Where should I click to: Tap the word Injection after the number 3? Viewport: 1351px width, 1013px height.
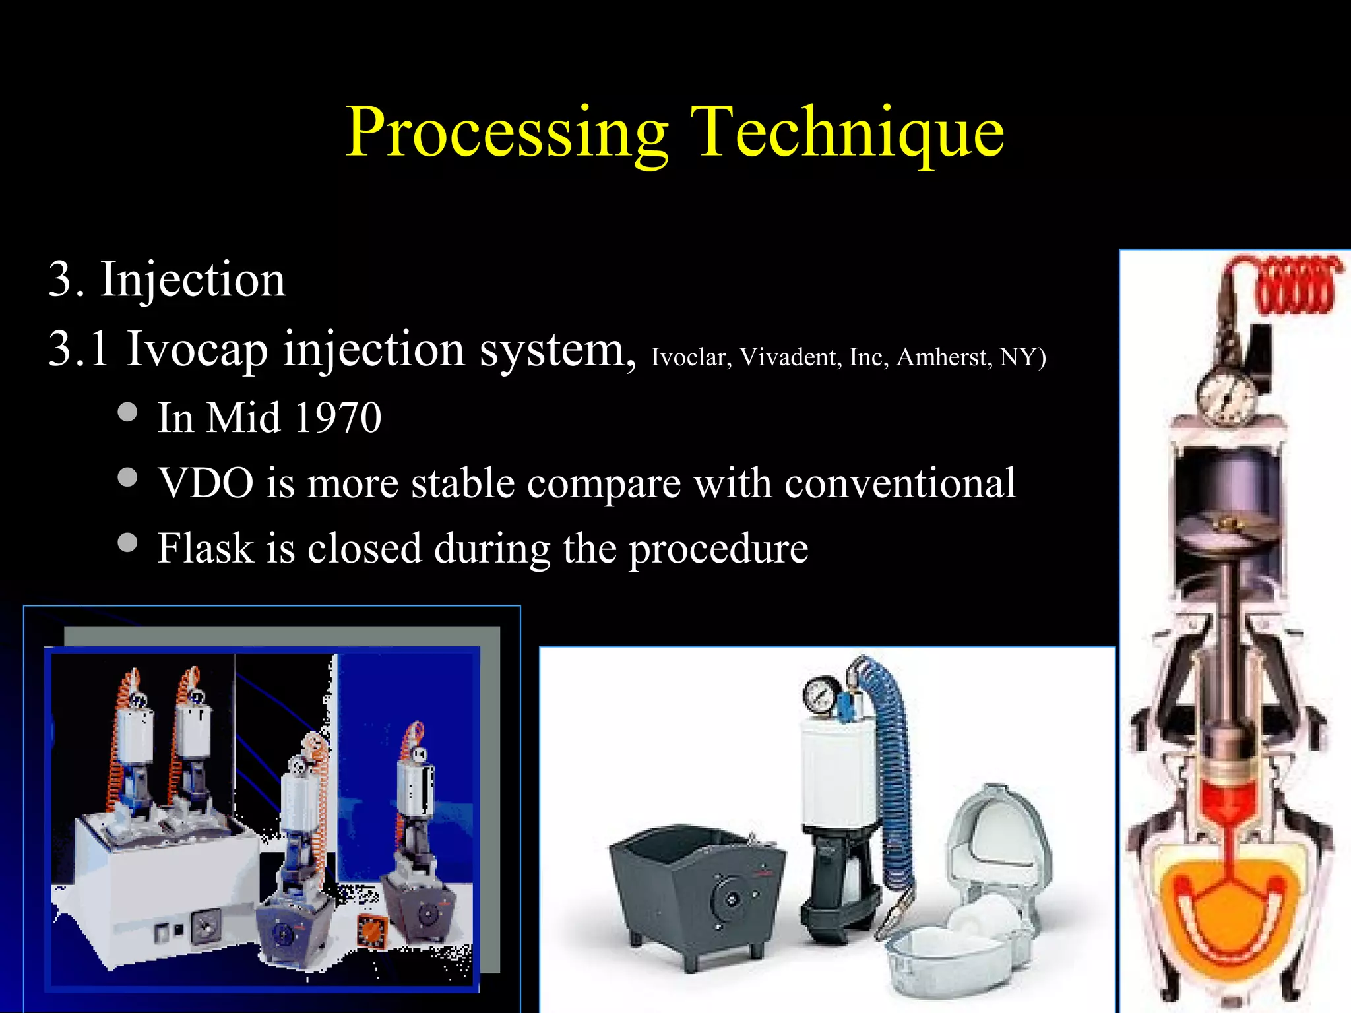click(x=193, y=280)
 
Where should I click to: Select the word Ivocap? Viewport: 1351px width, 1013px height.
click(x=197, y=350)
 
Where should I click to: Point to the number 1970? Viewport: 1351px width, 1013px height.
click(x=338, y=418)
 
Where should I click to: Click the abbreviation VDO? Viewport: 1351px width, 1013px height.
click(x=206, y=483)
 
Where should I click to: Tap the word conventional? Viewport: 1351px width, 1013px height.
click(x=900, y=483)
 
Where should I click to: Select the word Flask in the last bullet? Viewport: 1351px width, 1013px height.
click(x=206, y=548)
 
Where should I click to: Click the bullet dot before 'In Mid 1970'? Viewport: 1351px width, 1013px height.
click(x=127, y=412)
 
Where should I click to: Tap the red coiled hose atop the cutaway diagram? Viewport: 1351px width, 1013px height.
click(x=1296, y=287)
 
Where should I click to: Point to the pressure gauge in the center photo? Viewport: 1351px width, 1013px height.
click(x=821, y=696)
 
